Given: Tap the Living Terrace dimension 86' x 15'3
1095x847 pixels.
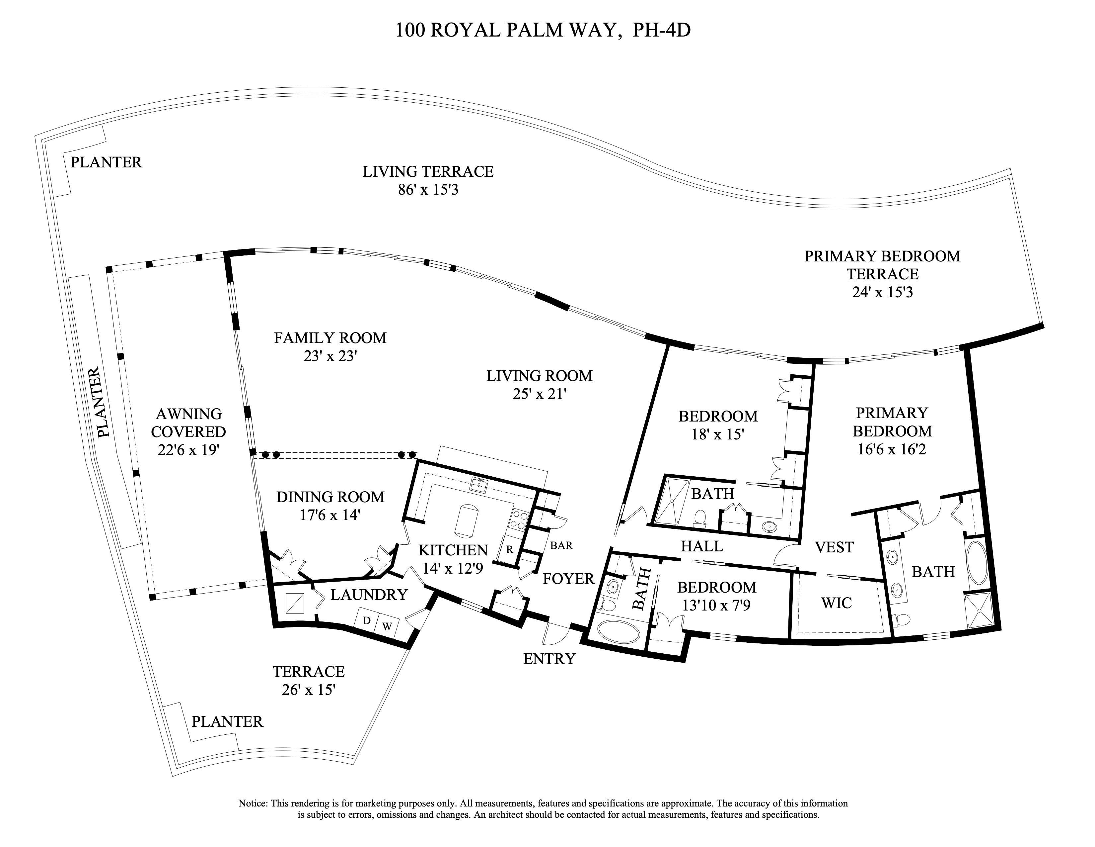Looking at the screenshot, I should click(428, 190).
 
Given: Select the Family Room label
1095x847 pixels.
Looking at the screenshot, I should click(330, 338).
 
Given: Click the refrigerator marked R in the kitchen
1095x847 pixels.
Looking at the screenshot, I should click(509, 549).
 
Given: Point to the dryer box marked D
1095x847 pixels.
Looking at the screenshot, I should click(367, 621).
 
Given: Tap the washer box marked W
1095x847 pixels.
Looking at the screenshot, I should click(387, 626).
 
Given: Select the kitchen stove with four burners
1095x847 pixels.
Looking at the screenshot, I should click(518, 520).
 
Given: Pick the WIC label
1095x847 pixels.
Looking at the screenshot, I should click(836, 603).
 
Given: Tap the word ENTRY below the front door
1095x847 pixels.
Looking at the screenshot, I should click(549, 659).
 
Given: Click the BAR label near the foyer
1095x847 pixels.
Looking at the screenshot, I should click(561, 545).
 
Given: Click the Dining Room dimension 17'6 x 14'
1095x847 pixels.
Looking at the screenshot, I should click(330, 515).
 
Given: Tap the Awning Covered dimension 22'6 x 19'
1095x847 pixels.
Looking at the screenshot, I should click(188, 450).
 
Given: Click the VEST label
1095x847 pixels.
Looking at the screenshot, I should click(834, 547).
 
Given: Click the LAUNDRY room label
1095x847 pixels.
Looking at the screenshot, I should click(369, 595).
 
